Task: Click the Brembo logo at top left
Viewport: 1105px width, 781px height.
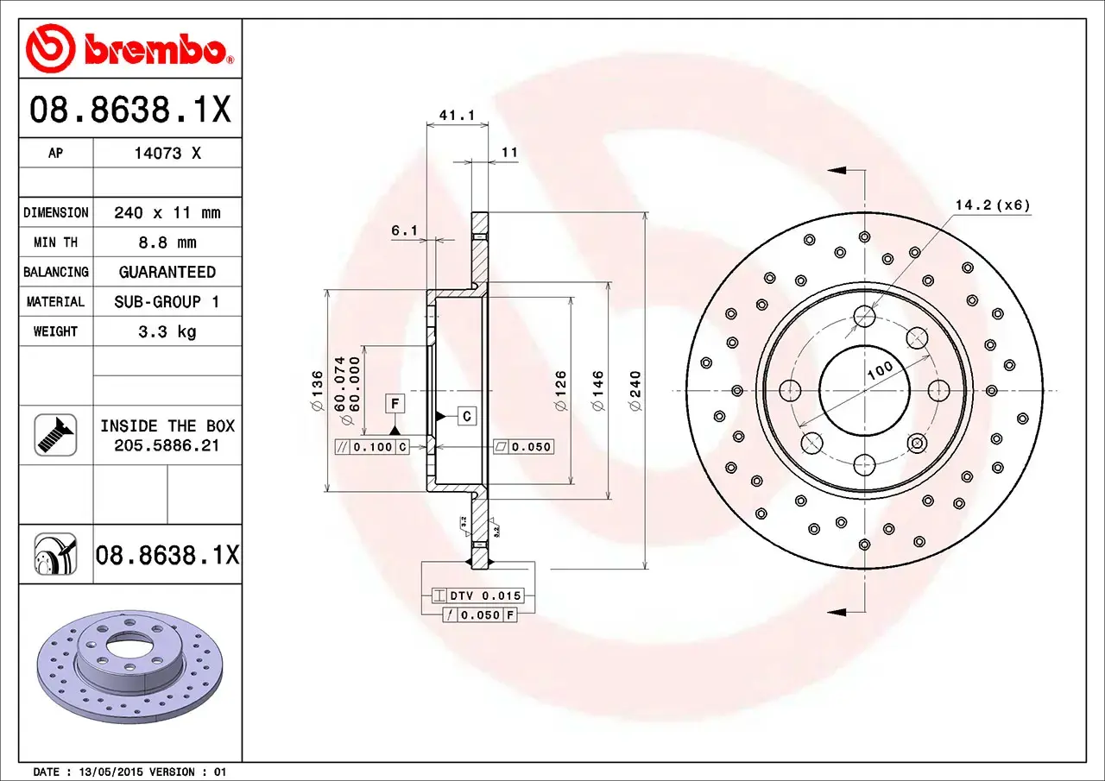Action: point(129,47)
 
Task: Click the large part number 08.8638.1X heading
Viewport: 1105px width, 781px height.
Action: point(129,110)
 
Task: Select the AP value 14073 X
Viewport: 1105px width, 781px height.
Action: point(167,154)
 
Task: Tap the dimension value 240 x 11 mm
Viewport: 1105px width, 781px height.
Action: point(167,212)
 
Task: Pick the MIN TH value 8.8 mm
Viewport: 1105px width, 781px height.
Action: point(167,242)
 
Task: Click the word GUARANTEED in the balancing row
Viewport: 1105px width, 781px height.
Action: point(167,272)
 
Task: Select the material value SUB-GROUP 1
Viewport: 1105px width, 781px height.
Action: point(167,302)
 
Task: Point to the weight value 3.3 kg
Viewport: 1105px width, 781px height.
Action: point(167,331)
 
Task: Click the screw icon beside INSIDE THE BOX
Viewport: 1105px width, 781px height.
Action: point(55,435)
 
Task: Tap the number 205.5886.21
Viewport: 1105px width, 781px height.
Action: point(167,445)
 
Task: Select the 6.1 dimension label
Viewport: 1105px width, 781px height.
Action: point(404,230)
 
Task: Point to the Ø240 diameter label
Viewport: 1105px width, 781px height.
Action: point(636,391)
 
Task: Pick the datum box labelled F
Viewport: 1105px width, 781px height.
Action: point(395,403)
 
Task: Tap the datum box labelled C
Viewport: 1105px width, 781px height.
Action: point(467,416)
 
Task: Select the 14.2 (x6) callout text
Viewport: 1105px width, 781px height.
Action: point(993,205)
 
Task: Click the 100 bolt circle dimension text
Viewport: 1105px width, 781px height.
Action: point(880,369)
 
